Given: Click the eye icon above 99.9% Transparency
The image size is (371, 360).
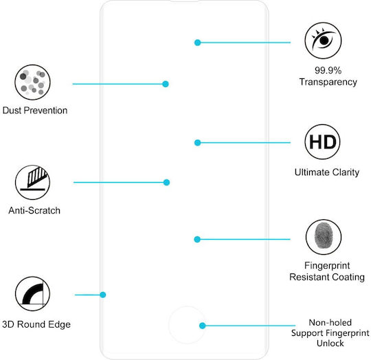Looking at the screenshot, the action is coord(323,41).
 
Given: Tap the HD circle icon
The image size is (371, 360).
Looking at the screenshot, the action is coord(322,142).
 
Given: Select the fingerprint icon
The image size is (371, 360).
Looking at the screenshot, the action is coord(324,237).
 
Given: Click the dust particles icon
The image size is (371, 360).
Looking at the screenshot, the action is coord(32,82).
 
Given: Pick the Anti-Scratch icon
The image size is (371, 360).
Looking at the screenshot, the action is coord(33,182).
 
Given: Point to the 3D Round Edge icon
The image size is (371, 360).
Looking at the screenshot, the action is coord(33,293).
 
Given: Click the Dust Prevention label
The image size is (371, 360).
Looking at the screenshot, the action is coord(35,111).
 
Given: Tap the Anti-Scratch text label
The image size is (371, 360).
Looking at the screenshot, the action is coord(34,210).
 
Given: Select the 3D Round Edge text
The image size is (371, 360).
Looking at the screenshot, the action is coord(36,324).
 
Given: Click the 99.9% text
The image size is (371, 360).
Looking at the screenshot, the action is coord(328,70).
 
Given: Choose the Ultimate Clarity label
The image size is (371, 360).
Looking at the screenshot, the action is coord(327,172).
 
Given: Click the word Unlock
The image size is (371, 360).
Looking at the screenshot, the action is coord(330,344).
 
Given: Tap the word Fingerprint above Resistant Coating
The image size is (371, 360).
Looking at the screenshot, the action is coord(327,266).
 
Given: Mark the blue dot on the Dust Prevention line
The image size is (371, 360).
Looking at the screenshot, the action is coord(166,84).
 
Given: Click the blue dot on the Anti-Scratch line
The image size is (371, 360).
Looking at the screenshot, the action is coord(166,182).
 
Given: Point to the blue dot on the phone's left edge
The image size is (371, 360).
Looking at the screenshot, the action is coord(102,295).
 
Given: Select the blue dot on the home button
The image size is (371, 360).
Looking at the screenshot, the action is coord(202,326).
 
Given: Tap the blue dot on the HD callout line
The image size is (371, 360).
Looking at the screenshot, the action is coord(198,143).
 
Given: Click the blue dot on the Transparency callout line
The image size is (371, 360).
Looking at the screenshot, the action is coord(198,43).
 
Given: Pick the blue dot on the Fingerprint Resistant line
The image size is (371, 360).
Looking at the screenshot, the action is coord(197,239).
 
